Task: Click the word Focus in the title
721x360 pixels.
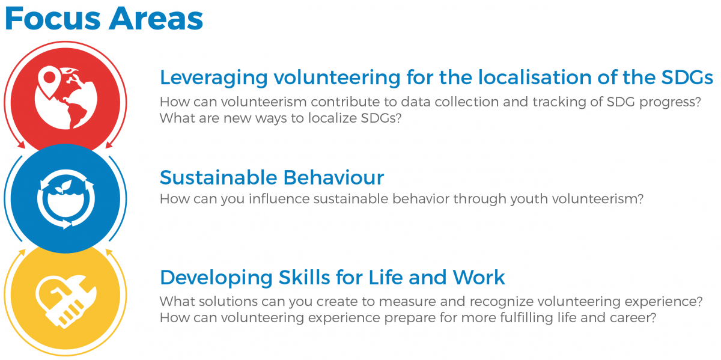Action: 53,19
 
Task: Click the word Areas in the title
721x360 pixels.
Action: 156,19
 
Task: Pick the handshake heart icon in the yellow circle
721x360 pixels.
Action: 65,301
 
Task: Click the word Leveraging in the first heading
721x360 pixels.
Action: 214,78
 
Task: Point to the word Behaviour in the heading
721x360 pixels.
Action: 333,177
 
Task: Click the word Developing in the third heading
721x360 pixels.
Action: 216,278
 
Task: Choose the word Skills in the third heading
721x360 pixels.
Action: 304,278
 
